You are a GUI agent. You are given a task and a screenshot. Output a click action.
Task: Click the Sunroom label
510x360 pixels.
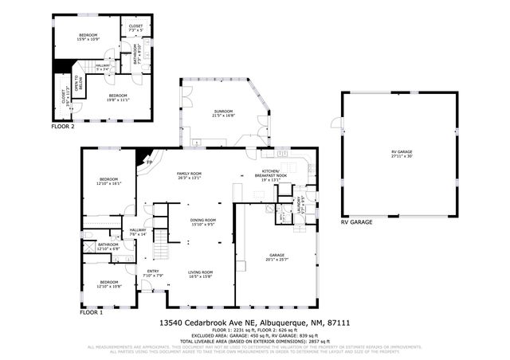point(222,112)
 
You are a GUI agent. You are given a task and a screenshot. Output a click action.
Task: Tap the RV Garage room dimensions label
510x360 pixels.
point(402,155)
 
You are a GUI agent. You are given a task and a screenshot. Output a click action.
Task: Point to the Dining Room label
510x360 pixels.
point(203,221)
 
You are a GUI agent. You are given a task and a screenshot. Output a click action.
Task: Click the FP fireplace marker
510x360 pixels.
point(150,162)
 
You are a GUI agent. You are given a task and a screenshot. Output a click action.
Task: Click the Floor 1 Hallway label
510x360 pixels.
point(138,232)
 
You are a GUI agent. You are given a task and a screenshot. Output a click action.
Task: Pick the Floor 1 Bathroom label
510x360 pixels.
point(108,247)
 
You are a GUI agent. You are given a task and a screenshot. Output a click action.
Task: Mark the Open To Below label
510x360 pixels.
point(67,82)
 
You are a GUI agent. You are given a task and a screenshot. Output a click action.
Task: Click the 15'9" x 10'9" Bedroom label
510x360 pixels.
point(88,37)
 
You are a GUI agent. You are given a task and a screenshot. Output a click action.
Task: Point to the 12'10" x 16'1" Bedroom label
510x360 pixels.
point(108,181)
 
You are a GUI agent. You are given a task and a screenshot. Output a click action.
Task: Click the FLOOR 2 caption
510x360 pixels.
point(63,126)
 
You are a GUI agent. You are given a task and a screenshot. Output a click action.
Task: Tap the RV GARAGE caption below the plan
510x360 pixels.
point(356,222)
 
